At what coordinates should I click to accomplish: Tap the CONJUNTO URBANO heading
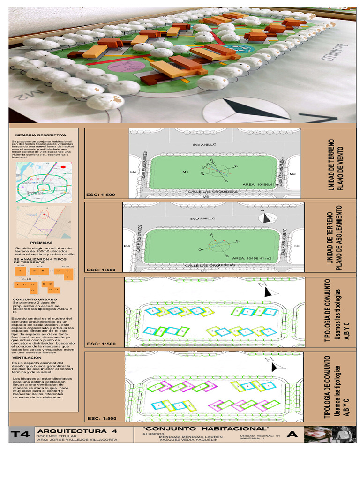(x=35, y=299)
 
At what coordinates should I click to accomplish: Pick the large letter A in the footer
(x=293, y=435)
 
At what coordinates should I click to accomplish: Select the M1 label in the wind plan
(x=185, y=172)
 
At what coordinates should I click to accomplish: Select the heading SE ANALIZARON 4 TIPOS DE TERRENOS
(x=40, y=260)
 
